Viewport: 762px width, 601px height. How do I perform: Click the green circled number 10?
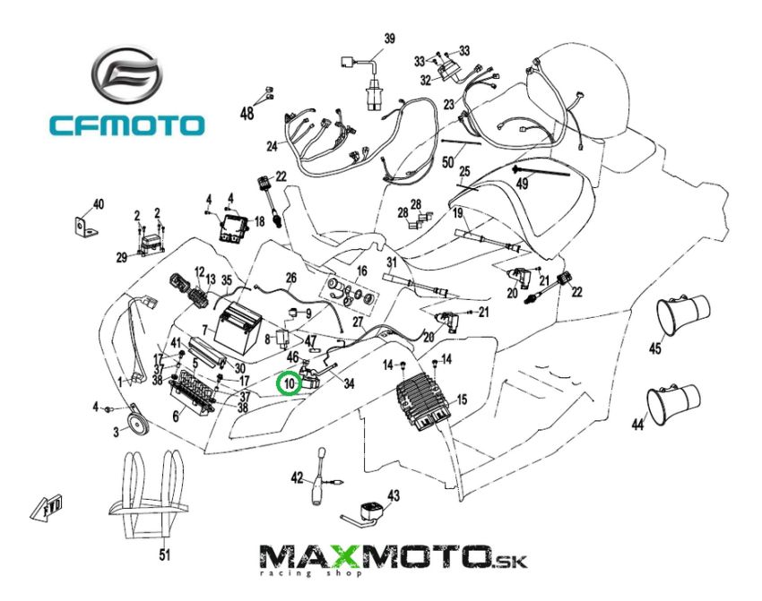tap(289, 384)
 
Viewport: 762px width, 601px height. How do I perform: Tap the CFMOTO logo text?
tap(126, 124)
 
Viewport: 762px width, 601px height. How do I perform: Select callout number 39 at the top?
tap(389, 39)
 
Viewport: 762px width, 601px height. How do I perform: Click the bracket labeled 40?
tap(86, 227)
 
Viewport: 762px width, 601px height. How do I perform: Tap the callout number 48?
tap(247, 113)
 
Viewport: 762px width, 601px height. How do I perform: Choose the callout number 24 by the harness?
tap(273, 146)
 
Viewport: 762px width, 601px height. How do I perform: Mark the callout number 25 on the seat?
tap(464, 171)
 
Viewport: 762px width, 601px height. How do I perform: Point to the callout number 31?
tap(391, 262)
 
